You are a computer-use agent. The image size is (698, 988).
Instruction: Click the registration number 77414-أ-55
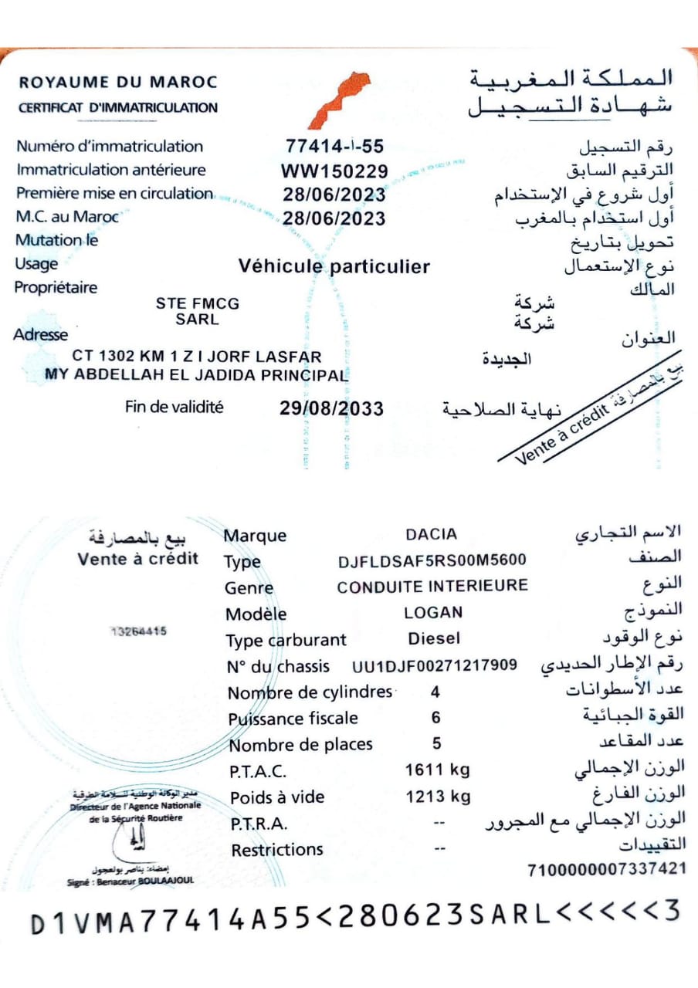[334, 146]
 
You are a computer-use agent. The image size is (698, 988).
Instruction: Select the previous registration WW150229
[334, 171]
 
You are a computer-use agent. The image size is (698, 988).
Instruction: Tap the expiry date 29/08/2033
[331, 408]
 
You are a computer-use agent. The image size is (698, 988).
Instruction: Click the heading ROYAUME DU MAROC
[118, 82]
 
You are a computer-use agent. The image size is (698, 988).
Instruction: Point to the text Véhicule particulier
[334, 267]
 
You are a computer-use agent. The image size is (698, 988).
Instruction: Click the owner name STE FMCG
[198, 304]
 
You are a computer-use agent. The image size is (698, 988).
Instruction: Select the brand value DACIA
[431, 534]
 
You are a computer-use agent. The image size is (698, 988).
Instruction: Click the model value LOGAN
[433, 613]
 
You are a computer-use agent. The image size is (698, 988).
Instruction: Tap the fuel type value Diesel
[433, 638]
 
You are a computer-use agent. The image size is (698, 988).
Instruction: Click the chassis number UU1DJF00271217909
[434, 665]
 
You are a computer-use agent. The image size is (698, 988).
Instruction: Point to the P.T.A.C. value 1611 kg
[437, 770]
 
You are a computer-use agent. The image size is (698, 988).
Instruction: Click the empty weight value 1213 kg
[437, 796]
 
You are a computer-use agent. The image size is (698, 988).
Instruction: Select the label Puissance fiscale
[293, 719]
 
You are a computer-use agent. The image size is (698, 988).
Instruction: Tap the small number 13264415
[138, 631]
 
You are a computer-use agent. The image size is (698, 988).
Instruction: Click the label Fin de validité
[174, 407]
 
